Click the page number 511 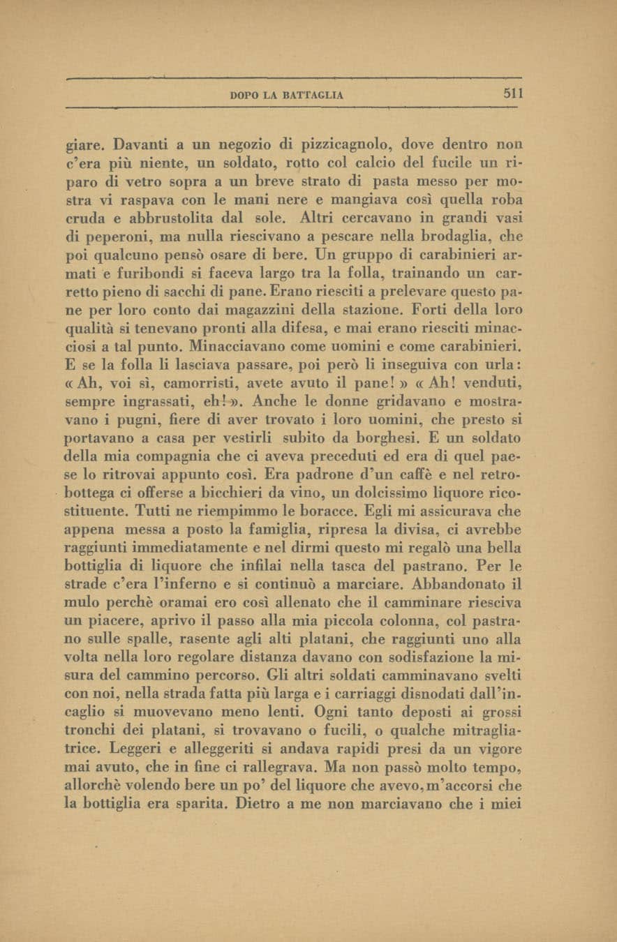pos(514,94)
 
